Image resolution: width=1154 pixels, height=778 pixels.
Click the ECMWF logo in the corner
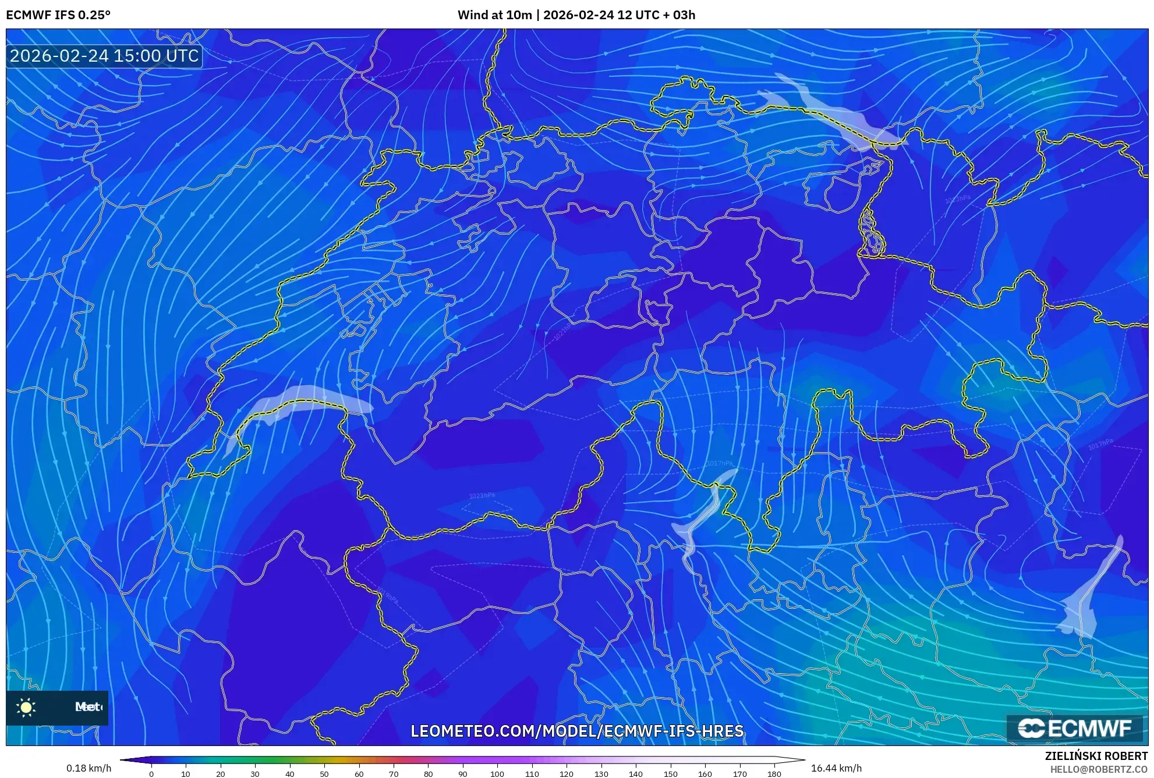(x=1075, y=728)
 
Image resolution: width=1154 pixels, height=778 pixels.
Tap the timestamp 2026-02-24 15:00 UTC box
(x=104, y=56)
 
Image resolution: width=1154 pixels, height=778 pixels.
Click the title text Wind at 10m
(x=494, y=15)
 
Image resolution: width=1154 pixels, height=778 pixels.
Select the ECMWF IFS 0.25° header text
(x=58, y=15)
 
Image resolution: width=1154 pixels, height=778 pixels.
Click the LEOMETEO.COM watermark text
(x=576, y=731)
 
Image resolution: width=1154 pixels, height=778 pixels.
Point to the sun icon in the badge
(x=26, y=707)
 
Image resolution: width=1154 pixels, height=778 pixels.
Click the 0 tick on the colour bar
(x=151, y=774)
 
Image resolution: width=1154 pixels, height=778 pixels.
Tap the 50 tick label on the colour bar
(x=324, y=774)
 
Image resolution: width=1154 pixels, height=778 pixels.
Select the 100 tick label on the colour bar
(x=497, y=774)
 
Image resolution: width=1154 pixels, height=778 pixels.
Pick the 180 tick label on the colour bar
(x=774, y=774)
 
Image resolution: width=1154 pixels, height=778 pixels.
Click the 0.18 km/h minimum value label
(x=89, y=768)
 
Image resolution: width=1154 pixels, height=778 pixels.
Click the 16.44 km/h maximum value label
(x=836, y=768)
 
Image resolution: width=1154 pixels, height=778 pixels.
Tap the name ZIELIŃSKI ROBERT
(x=1096, y=756)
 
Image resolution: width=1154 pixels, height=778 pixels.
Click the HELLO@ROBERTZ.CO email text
(x=1099, y=769)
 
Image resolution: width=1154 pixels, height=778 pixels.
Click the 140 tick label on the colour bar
(x=635, y=774)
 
